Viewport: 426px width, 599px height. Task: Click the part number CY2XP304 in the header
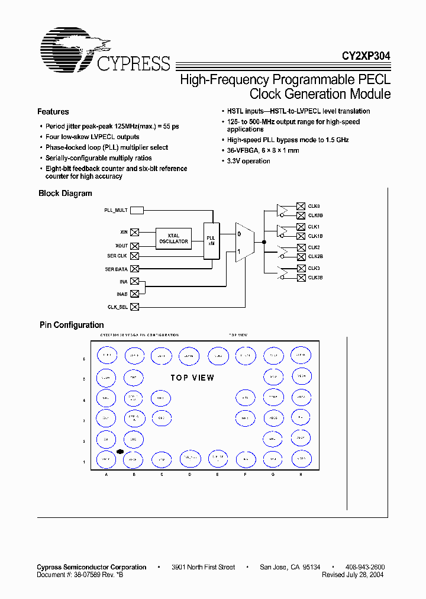365,56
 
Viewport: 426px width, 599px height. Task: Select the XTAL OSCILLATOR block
173,239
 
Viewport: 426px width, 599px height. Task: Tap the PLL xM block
211,240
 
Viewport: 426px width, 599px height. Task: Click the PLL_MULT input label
116,210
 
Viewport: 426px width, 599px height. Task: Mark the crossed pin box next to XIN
135,232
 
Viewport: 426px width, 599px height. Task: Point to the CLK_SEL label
117,307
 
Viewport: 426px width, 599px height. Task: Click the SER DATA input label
116,269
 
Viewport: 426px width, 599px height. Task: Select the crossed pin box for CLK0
301,205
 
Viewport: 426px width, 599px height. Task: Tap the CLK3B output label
315,277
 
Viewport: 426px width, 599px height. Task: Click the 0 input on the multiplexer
239,234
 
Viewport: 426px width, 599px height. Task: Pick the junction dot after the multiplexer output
264,242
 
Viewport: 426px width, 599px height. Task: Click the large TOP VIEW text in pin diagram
192,378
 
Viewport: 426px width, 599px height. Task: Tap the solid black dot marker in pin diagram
120,452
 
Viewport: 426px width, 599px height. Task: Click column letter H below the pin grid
301,474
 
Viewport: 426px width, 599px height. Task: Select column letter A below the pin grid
106,474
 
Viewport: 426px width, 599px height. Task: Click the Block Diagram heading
65,194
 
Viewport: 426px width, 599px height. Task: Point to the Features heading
53,112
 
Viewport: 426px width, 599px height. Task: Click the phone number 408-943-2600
364,567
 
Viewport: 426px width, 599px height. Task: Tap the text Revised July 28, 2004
353,575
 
